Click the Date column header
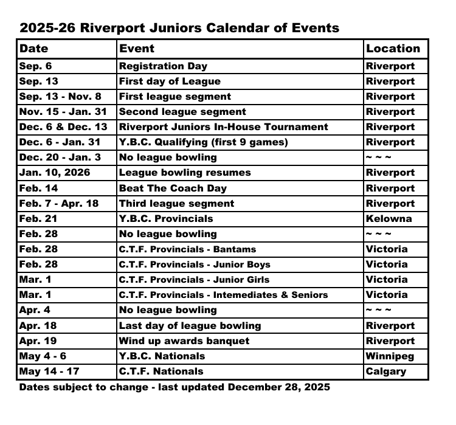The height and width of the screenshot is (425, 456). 33,49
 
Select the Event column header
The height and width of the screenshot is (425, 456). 137,49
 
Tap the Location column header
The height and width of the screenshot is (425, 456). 393,49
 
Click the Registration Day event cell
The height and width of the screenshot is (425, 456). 163,66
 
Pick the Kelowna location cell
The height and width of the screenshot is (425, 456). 389,219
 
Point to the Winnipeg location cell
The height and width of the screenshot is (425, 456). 390,356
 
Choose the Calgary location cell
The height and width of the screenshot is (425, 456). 385,371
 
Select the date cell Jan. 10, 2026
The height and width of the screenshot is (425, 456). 55,173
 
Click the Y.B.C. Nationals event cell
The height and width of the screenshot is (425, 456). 162,356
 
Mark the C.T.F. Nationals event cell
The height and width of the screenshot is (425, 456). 161,371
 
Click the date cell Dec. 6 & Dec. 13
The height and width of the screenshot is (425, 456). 63,127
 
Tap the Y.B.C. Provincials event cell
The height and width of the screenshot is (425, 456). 166,219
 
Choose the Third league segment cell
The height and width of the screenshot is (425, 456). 176,204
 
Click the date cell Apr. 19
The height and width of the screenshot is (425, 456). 38,341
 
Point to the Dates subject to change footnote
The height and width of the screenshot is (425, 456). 174,387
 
